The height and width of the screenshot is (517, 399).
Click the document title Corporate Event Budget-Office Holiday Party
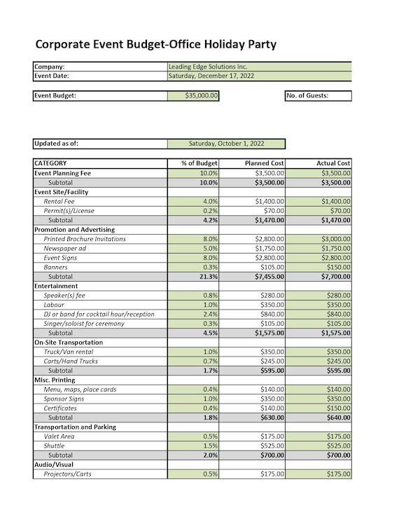pyautogui.click(x=155, y=45)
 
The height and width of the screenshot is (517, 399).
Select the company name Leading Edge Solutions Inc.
pyautogui.click(x=208, y=67)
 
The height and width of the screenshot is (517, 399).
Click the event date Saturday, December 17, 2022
pyautogui.click(x=211, y=76)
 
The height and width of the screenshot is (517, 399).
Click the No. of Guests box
pyautogui.click(x=318, y=96)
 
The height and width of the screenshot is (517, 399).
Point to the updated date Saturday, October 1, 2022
pyautogui.click(x=226, y=144)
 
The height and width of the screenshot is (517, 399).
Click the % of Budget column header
pyautogui.click(x=199, y=163)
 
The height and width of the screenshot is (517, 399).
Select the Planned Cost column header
pyautogui.click(x=264, y=163)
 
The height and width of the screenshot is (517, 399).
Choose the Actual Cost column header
pyautogui.click(x=333, y=163)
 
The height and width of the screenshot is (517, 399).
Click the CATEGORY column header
pyautogui.click(x=50, y=163)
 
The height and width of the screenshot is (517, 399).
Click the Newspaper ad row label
pyautogui.click(x=65, y=248)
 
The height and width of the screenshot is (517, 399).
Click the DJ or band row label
pyautogui.click(x=99, y=314)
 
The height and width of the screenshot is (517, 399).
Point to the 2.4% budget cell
pyautogui.click(x=209, y=314)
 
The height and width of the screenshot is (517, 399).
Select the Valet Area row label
pyautogui.click(x=59, y=436)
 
